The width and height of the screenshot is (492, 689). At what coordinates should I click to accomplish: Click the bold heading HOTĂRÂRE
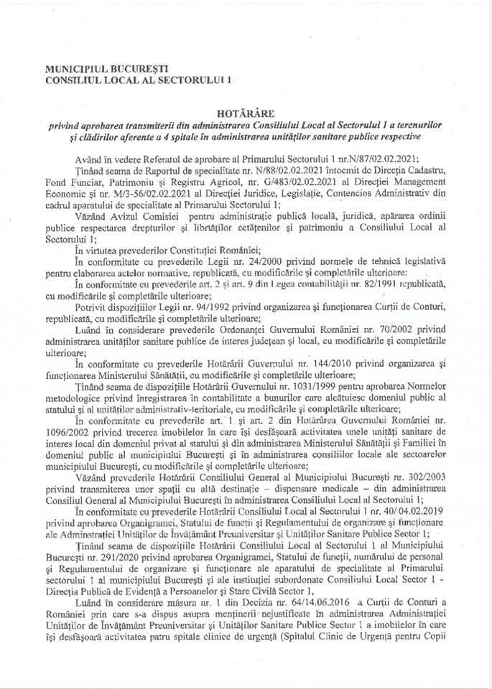[246, 113]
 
